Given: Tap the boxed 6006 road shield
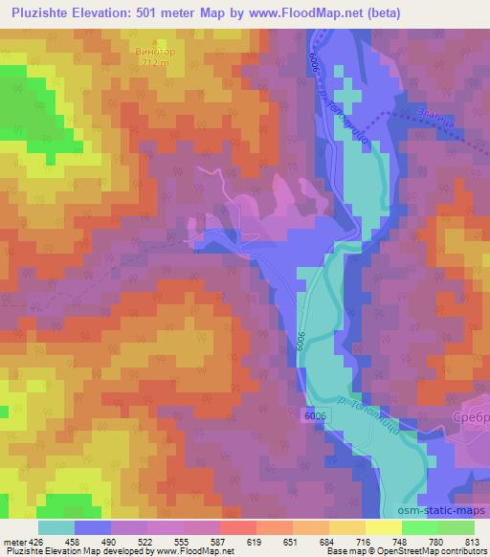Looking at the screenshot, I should pos(313,414).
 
